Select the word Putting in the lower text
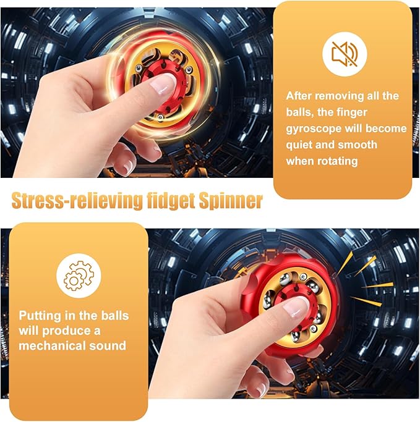(x=41, y=315)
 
